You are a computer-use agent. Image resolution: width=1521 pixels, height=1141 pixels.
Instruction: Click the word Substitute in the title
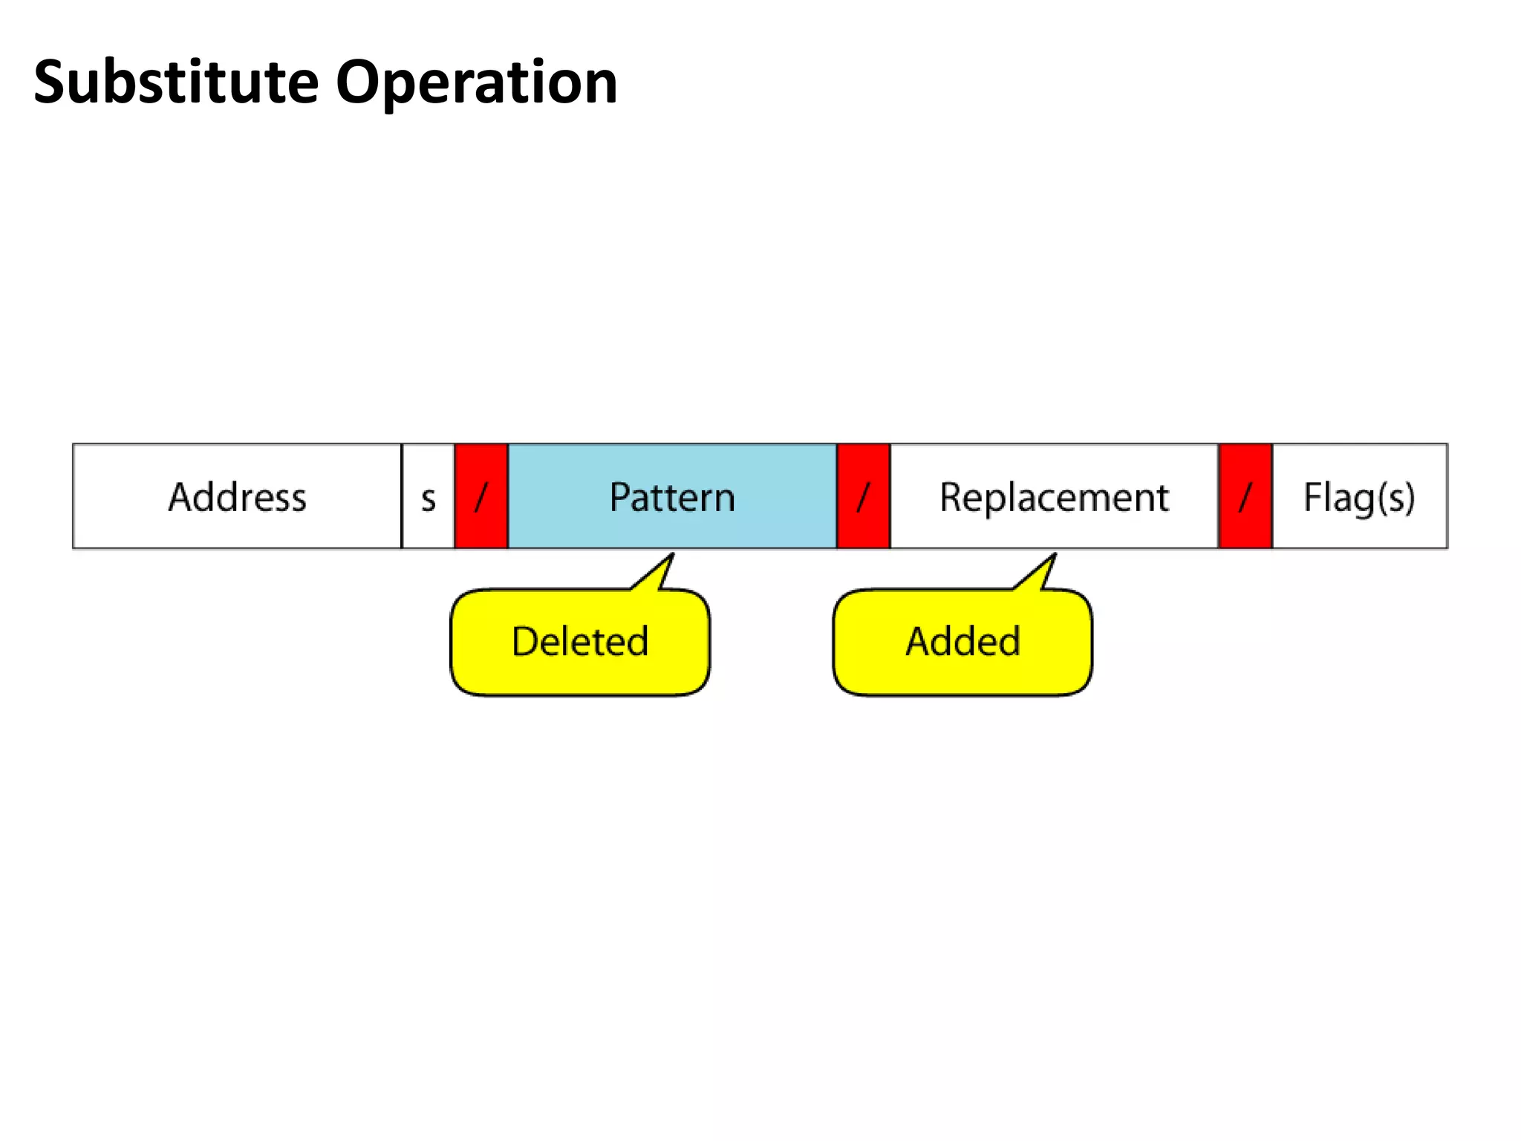pyautogui.click(x=176, y=82)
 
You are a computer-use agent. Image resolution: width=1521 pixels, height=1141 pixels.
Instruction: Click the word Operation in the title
pyautogui.click(x=476, y=83)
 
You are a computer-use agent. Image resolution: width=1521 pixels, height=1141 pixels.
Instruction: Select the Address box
pyautogui.click(x=237, y=496)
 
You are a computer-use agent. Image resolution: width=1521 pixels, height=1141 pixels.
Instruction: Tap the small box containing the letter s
pyautogui.click(x=428, y=496)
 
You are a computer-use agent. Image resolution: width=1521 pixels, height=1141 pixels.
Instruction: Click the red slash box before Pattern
pyautogui.click(x=481, y=496)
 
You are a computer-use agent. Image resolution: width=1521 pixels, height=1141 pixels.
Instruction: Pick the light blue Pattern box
pyautogui.click(x=672, y=496)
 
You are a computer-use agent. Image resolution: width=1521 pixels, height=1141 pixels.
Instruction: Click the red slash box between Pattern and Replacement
pyautogui.click(x=863, y=496)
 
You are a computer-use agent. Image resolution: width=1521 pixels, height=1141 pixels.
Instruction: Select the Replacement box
pyautogui.click(x=1054, y=496)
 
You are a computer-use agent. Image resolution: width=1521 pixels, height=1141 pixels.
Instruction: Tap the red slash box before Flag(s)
pyautogui.click(x=1245, y=496)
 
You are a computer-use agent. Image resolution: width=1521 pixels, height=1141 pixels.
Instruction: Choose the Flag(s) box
pyautogui.click(x=1360, y=496)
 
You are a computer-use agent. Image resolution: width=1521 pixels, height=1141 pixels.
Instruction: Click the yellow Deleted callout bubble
pyautogui.click(x=580, y=643)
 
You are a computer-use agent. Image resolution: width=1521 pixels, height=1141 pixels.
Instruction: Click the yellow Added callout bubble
pyautogui.click(x=963, y=643)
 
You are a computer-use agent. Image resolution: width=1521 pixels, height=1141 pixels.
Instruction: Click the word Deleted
pyautogui.click(x=580, y=641)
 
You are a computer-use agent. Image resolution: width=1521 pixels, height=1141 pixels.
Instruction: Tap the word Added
pyautogui.click(x=963, y=641)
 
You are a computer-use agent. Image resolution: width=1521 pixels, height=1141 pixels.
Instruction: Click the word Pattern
pyautogui.click(x=672, y=497)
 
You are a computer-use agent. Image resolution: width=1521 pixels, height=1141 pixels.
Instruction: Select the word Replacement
pyautogui.click(x=1054, y=497)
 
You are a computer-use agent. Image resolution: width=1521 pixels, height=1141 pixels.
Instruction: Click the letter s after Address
pyautogui.click(x=428, y=499)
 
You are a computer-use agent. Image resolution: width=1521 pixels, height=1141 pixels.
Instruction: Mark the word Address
pyautogui.click(x=237, y=497)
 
